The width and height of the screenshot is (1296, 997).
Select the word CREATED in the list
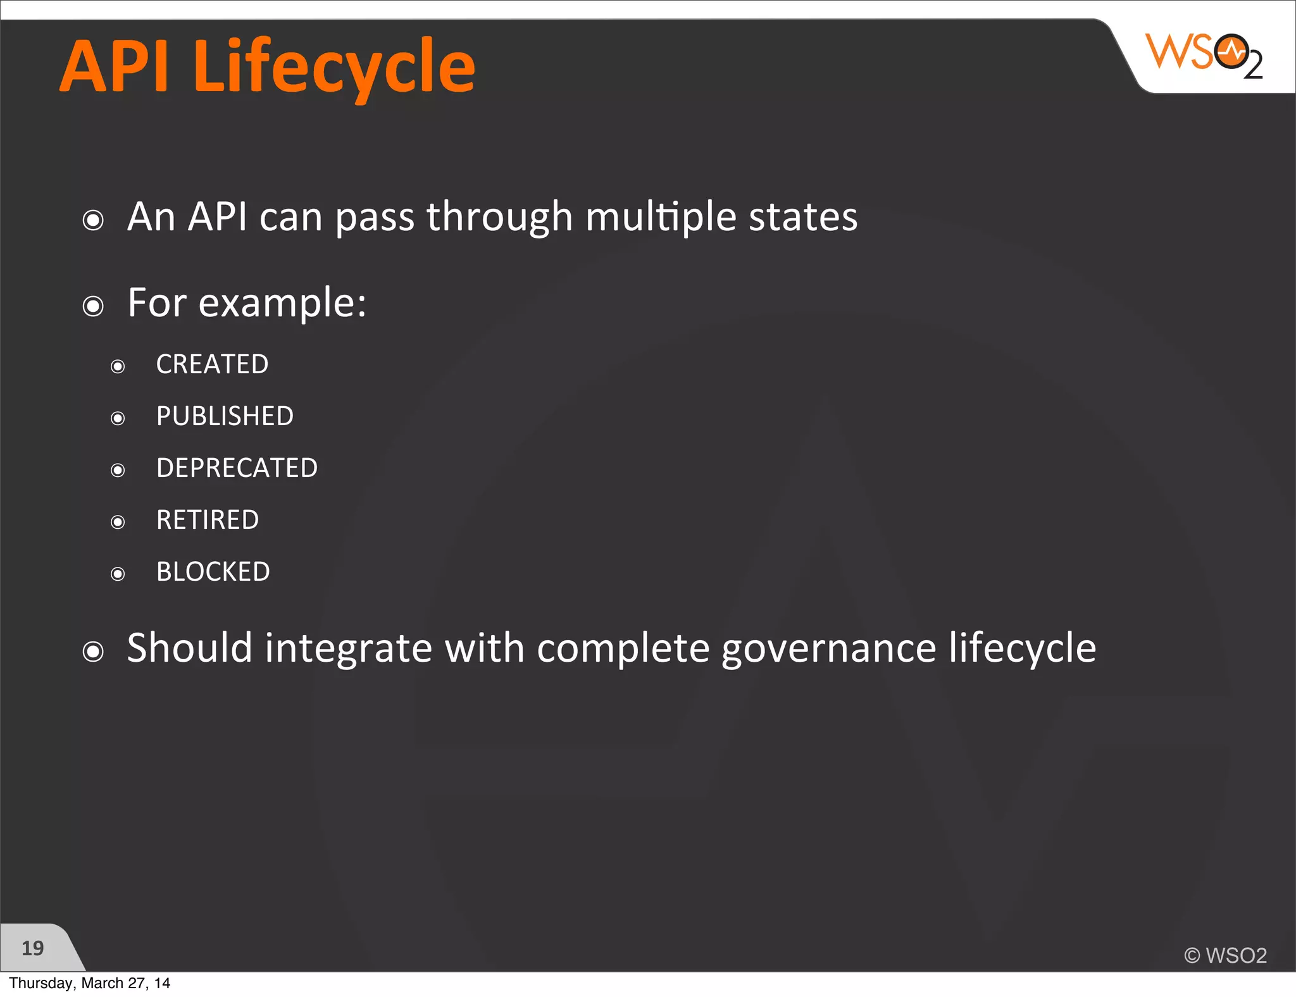[x=212, y=364]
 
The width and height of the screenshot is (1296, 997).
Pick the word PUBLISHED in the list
[x=225, y=416]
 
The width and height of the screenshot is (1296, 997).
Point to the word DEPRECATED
[x=237, y=468]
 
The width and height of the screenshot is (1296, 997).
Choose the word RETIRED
[x=208, y=520]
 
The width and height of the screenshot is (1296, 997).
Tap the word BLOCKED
[x=213, y=572]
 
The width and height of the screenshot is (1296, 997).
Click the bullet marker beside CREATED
[x=118, y=366]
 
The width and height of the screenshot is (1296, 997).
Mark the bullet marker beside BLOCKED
[x=118, y=574]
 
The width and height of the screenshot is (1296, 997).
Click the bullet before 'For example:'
[x=93, y=307]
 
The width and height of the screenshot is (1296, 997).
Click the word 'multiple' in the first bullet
[x=661, y=217]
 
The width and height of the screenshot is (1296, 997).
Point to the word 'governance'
[x=829, y=649]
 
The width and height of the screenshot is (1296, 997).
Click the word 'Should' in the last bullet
[x=190, y=648]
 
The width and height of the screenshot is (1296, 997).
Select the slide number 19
[x=32, y=948]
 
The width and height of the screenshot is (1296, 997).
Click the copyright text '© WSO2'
[x=1225, y=955]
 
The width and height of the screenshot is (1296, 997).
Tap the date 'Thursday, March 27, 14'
[x=89, y=983]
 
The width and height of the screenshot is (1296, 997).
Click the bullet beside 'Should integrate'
[x=93, y=652]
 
